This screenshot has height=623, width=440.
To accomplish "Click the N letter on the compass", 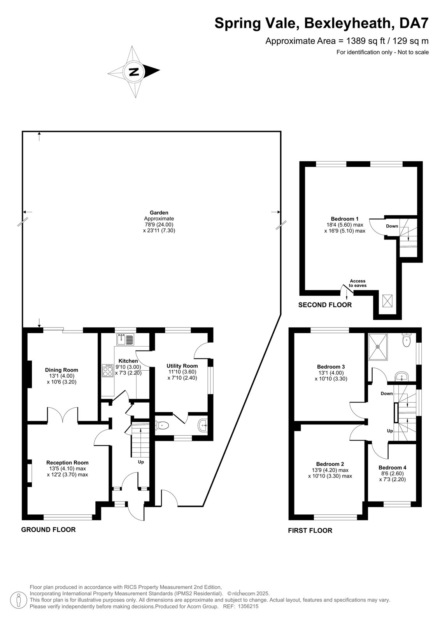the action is click(134, 72).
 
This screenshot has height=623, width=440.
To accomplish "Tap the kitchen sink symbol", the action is click(125, 339).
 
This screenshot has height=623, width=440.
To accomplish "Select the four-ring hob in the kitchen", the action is click(107, 370).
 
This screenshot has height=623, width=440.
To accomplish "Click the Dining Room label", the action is click(61, 370).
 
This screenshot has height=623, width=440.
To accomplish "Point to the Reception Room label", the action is click(67, 463).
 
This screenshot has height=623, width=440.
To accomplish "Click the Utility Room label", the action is click(182, 366).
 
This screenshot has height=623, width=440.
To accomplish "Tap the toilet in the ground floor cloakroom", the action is click(163, 425).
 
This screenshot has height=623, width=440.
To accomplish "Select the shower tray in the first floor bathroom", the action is click(377, 347).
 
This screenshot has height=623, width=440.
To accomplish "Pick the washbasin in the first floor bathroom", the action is click(401, 376).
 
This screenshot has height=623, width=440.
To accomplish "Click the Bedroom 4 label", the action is click(392, 468).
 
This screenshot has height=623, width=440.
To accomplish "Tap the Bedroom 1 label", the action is click(345, 218).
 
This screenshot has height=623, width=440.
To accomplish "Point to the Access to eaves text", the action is click(358, 283).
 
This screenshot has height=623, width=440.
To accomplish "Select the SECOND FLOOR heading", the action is click(325, 305).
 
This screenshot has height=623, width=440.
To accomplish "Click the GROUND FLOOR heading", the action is click(48, 530).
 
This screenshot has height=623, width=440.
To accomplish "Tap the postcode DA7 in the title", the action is click(414, 23).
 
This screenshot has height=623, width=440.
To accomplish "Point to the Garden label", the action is click(159, 213).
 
